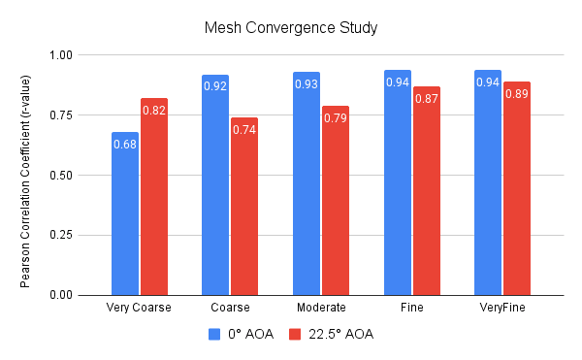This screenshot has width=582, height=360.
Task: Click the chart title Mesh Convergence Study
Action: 290,26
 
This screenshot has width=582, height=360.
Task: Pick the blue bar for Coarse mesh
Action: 215,184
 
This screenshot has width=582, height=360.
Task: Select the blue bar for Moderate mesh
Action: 307,183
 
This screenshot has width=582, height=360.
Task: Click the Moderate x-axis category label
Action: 320,308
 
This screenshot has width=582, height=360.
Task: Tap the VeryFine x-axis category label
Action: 501,308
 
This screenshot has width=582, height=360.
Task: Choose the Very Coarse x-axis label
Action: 139,308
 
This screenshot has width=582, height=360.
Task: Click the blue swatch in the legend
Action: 215,335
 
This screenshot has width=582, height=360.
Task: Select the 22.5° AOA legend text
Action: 341,335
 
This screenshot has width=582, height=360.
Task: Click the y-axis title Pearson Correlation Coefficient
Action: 25,176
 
